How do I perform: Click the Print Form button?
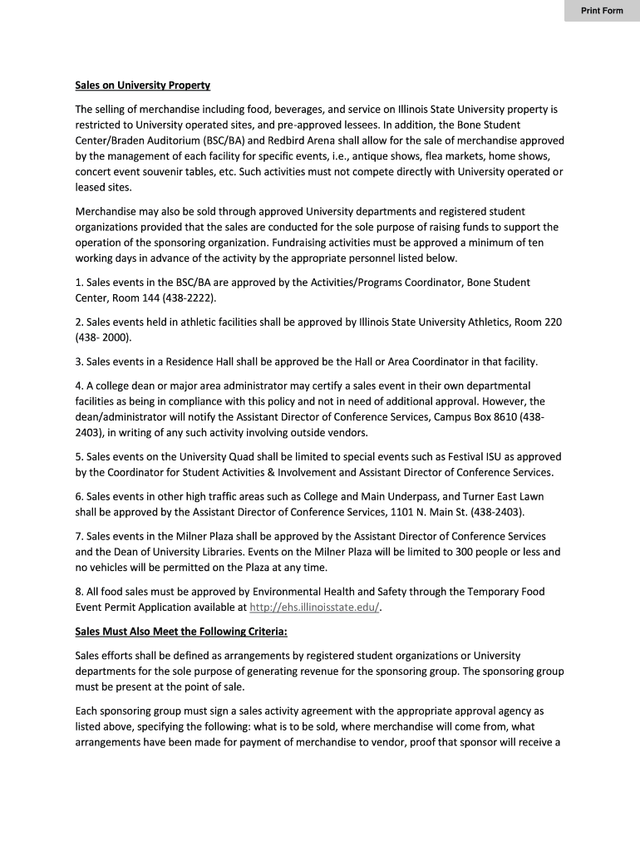[601, 11]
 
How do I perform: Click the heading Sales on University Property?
[142, 86]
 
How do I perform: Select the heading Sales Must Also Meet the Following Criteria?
[181, 632]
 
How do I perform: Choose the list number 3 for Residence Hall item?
[79, 362]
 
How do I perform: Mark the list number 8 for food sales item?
[79, 592]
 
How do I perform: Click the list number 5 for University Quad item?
[79, 457]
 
